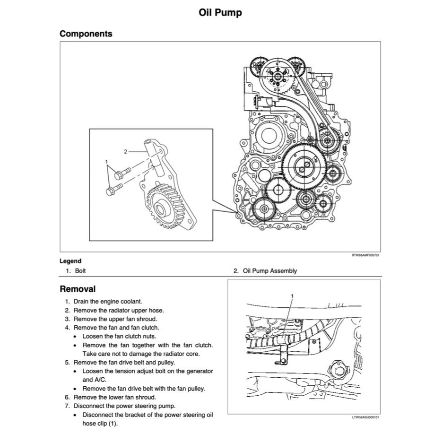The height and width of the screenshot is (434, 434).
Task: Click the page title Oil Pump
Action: click(x=220, y=13)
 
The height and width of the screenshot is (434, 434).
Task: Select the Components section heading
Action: click(x=86, y=34)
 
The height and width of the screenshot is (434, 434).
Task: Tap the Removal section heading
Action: click(x=78, y=289)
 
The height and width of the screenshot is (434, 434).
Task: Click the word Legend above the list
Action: click(x=70, y=261)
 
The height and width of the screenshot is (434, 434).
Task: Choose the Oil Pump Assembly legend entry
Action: click(x=269, y=271)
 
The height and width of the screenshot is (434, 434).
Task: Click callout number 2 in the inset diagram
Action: click(x=125, y=152)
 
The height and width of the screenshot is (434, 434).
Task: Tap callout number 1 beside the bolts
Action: click(x=107, y=162)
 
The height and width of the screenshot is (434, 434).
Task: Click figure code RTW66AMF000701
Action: click(x=365, y=255)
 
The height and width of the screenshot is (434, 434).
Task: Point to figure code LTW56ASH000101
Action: click(x=365, y=417)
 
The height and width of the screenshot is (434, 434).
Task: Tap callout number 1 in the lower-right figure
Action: click(x=292, y=296)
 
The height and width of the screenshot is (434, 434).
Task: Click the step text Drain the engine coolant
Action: click(x=107, y=301)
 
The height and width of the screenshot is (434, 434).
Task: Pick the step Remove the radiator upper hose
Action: click(x=119, y=310)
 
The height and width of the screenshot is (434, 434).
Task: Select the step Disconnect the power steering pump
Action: click(x=124, y=406)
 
